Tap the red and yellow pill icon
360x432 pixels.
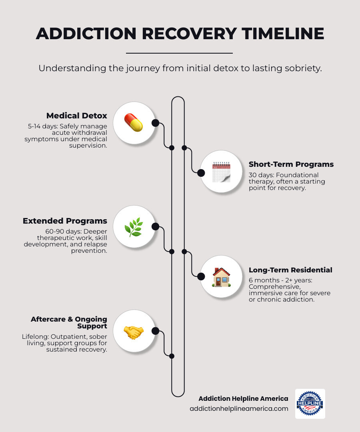coord(134,123)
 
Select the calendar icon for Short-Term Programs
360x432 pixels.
coord(221,172)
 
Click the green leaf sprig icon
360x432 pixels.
coord(134,227)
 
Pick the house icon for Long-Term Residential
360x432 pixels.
coord(221,277)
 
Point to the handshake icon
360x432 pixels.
coord(134,332)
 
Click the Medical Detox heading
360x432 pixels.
coord(77,116)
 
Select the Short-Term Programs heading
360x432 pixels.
coord(291,164)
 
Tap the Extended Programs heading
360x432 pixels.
coord(65,221)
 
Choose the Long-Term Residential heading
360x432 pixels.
coord(290,270)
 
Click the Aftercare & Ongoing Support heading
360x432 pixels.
coord(69,322)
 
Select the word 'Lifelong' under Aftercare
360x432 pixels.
coord(34,337)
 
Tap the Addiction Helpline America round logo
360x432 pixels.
coord(310,403)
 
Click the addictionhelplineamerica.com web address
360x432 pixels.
coord(239,408)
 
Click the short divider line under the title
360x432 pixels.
coord(179,53)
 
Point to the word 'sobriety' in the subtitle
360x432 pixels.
coord(302,68)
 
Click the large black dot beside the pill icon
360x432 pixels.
coord(155,123)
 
